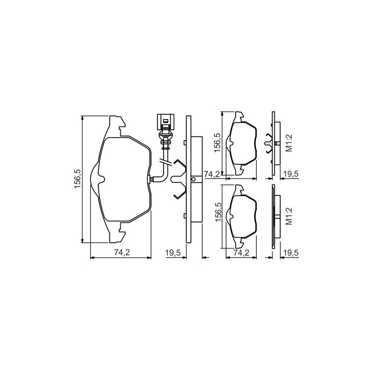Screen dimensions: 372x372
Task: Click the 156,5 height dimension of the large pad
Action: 78,179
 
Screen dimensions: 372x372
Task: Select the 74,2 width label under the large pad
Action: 122,253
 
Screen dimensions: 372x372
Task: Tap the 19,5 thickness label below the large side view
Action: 173,253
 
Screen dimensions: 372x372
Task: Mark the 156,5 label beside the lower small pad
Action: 217,212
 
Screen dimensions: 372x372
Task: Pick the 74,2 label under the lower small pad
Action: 241,253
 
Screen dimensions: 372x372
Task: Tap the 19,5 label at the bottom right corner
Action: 291,253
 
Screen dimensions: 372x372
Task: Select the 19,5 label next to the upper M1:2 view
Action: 291,174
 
